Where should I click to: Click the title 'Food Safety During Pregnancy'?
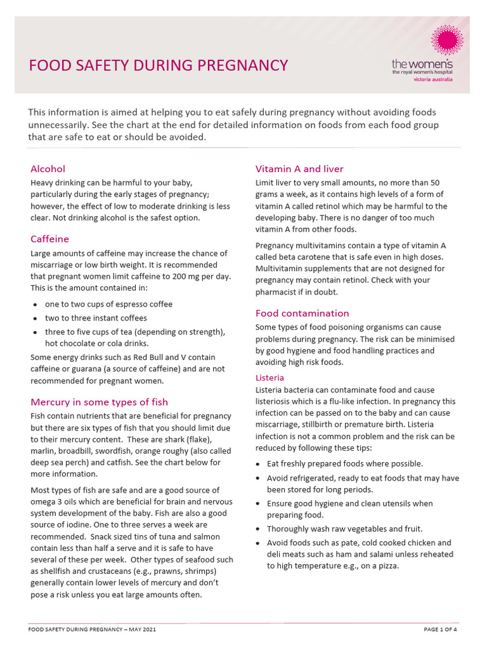(x=159, y=65)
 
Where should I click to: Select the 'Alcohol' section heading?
(x=48, y=169)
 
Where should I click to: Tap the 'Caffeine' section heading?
(x=49, y=239)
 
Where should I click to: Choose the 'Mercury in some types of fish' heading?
(x=99, y=402)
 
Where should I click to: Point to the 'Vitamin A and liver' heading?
(x=299, y=169)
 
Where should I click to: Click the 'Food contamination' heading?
(x=302, y=313)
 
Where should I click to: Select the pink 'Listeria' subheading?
(x=269, y=378)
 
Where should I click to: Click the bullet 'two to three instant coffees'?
(x=96, y=318)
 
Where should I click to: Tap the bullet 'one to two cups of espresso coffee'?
(x=108, y=304)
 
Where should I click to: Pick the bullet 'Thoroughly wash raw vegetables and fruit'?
(x=344, y=529)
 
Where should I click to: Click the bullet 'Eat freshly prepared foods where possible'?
(x=345, y=463)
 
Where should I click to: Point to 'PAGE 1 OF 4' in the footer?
(x=440, y=629)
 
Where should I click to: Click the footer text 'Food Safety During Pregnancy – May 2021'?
(x=93, y=629)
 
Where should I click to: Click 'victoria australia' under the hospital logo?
(x=433, y=80)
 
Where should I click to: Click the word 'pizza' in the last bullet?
(x=386, y=566)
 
